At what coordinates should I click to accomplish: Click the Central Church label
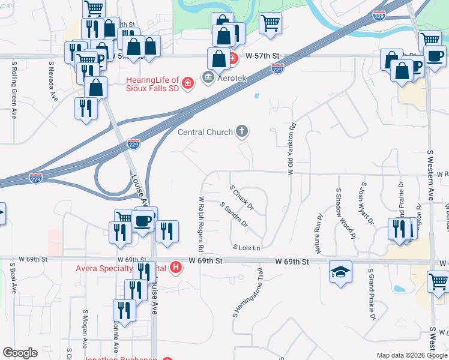pyautogui.click(x=205, y=132)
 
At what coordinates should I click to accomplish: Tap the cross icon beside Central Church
pyautogui.click(x=243, y=131)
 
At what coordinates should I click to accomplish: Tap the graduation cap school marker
pyautogui.click(x=340, y=272)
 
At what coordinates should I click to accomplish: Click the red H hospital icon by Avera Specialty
pyautogui.click(x=176, y=267)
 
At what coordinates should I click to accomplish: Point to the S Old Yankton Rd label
pyautogui.click(x=291, y=149)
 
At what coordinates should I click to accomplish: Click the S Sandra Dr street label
pyautogui.click(x=235, y=215)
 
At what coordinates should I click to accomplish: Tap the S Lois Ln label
pyautogui.click(x=247, y=248)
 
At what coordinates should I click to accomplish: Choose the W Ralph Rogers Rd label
pyautogui.click(x=201, y=224)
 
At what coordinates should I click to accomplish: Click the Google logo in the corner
pyautogui.click(x=20, y=353)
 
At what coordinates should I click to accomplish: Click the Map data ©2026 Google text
pyautogui.click(x=412, y=355)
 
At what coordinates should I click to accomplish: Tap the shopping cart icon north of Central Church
pyautogui.click(x=270, y=23)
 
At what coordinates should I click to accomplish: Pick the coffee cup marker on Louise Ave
pyautogui.click(x=143, y=220)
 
